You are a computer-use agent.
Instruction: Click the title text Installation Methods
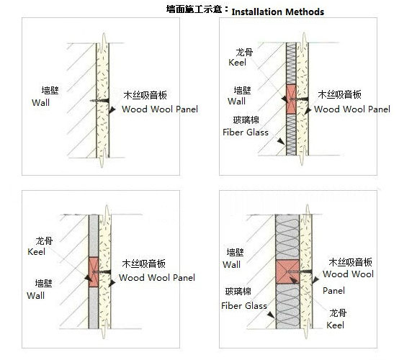pyautogui.click(x=277, y=12)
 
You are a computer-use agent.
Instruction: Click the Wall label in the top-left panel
pyautogui.click(x=41, y=102)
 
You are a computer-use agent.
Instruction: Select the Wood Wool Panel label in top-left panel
pyautogui.click(x=160, y=109)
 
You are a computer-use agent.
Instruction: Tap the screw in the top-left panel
pyautogui.click(x=99, y=101)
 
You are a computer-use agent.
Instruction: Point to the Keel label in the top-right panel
pyautogui.click(x=237, y=63)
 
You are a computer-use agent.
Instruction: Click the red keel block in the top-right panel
pyautogui.click(x=292, y=99)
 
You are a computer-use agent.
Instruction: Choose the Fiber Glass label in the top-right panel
pyautogui.click(x=246, y=132)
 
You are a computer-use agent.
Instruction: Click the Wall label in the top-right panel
pyautogui.click(x=237, y=101)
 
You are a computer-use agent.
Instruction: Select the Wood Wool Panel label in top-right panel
pyautogui.click(x=352, y=109)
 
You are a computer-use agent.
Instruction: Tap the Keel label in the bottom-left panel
pyautogui.click(x=36, y=252)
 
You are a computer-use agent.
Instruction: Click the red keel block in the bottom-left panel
pyautogui.click(x=94, y=271)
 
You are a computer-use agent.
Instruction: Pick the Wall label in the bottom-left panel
pyautogui.click(x=35, y=295)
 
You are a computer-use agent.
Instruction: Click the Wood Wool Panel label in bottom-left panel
pyautogui.click(x=157, y=277)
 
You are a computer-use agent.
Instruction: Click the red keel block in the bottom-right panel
pyautogui.click(x=287, y=271)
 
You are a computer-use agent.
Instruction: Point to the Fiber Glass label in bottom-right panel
pyautogui.click(x=244, y=305)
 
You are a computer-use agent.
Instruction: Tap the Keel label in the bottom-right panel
pyautogui.click(x=335, y=325)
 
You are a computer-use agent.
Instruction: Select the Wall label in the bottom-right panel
pyautogui.click(x=231, y=264)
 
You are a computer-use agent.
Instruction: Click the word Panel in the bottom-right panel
pyautogui.click(x=333, y=290)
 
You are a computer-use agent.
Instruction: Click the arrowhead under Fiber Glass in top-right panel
pyautogui.click(x=281, y=141)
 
